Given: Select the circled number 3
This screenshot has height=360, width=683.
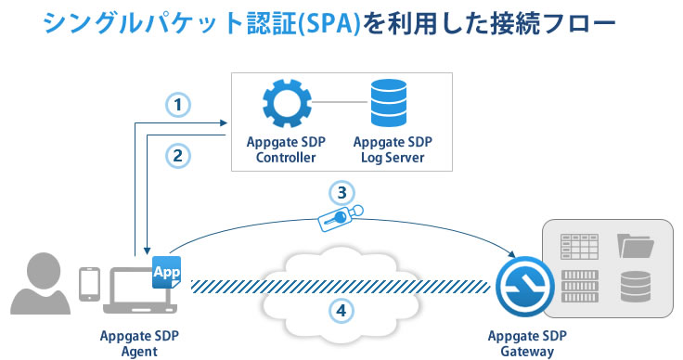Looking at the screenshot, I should click(343, 193).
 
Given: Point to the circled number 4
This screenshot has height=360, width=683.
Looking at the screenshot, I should click(343, 310).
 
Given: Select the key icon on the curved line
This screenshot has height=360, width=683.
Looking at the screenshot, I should click(340, 216).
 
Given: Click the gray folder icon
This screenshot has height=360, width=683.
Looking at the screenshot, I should click(636, 246).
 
